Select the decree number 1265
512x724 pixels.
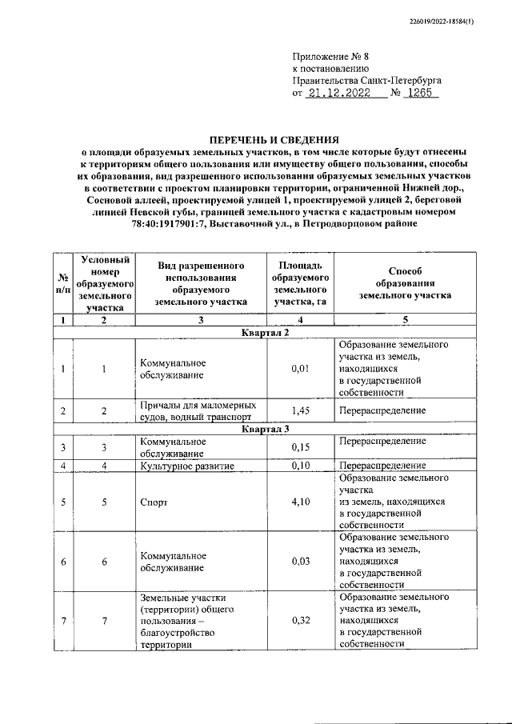click(x=418, y=94)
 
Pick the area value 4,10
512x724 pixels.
click(x=300, y=502)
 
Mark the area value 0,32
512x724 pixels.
click(x=300, y=620)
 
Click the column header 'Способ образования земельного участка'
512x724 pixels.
click(x=405, y=283)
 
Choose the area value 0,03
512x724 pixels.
click(x=300, y=561)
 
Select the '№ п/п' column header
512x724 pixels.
click(x=61, y=283)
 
